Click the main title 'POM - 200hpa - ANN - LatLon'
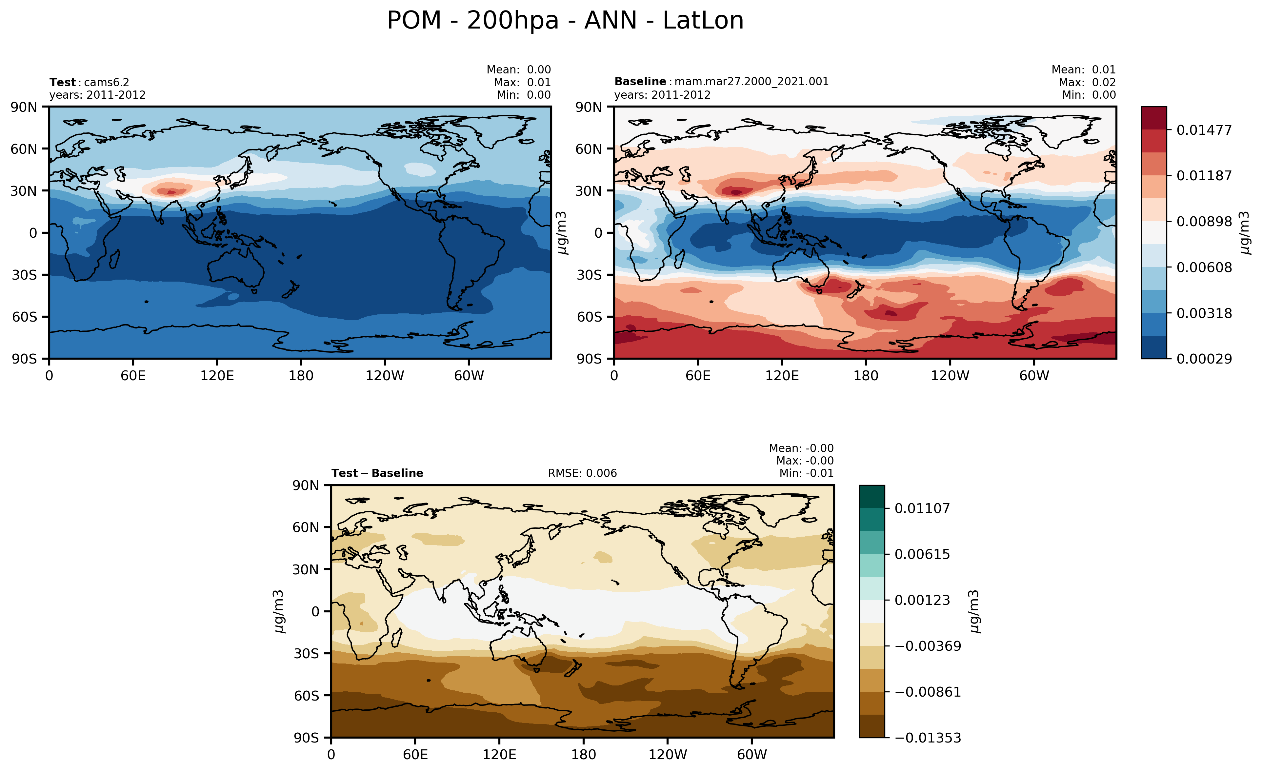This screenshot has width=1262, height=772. point(565,21)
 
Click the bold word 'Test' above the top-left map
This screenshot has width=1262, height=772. point(62,82)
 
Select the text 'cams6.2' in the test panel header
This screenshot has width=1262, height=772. point(107,82)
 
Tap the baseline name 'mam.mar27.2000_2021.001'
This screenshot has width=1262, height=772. point(751,81)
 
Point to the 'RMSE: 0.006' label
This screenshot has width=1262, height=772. point(582,473)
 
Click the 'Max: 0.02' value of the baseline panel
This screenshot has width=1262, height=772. point(1087,82)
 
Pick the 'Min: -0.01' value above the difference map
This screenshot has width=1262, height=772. point(806,473)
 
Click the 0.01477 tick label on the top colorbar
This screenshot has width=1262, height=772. point(1204,130)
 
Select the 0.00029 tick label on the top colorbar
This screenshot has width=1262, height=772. point(1204,359)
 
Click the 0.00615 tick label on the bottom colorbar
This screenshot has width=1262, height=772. point(922,554)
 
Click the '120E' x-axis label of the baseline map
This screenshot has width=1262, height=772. point(782,376)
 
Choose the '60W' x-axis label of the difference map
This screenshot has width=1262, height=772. point(751,755)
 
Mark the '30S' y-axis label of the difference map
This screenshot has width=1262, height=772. point(306,654)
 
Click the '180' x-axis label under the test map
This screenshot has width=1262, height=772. point(301,376)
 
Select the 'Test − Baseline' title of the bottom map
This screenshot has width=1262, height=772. point(377,473)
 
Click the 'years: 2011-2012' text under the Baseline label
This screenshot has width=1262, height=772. point(662,95)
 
